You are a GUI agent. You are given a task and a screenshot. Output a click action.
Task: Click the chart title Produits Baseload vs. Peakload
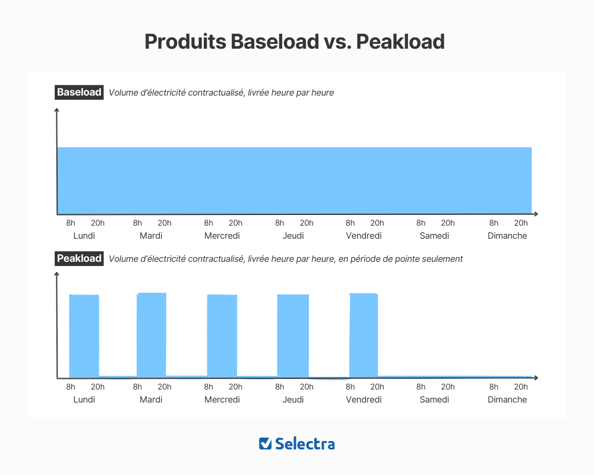point(295,42)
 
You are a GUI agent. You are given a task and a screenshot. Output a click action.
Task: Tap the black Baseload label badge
point(79,93)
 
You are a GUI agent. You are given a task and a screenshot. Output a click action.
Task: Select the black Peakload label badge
point(79,259)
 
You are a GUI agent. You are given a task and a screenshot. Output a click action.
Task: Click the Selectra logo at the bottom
point(297,444)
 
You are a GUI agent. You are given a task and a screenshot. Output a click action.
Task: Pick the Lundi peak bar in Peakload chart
point(84,335)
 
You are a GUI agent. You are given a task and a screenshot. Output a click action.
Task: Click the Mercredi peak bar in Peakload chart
point(222,335)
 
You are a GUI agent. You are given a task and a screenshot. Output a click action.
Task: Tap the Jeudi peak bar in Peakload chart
point(293,335)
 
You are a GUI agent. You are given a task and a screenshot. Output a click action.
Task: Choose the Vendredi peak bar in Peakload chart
point(364,335)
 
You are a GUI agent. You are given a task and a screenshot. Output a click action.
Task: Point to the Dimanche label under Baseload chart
point(507,236)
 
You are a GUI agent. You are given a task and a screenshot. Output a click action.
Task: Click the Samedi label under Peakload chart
point(434,400)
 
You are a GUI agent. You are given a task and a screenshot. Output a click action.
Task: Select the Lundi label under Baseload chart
point(84,236)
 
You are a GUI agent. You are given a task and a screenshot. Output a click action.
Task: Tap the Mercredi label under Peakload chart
point(222,400)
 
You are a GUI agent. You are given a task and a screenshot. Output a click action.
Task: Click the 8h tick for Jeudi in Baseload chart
point(280,223)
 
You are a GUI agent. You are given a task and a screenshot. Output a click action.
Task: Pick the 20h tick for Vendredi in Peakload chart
point(377,387)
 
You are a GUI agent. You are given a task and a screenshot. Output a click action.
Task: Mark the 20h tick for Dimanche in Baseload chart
point(521,223)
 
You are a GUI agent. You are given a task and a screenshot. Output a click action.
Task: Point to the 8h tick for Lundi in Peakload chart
point(71,387)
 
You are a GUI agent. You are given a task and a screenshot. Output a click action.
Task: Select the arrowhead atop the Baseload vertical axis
point(57,110)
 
